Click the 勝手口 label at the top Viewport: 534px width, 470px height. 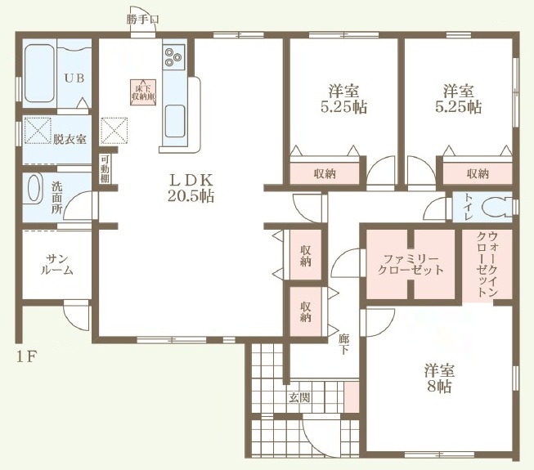[x=142, y=20]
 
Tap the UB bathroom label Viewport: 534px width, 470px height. [x=74, y=78]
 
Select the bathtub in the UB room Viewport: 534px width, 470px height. [x=39, y=74]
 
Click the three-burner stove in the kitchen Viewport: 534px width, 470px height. [x=173, y=57]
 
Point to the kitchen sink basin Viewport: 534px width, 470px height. [x=175, y=121]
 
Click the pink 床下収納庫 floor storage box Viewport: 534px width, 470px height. [x=144, y=92]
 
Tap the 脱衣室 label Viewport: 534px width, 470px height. [x=70, y=139]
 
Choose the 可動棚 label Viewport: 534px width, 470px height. [x=105, y=169]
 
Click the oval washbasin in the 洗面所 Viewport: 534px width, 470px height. [x=34, y=188]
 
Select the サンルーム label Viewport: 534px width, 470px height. [x=57, y=265]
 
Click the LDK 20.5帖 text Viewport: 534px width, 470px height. [x=191, y=187]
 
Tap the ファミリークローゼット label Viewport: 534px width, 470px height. [x=411, y=265]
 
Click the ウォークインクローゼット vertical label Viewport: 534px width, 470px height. [x=487, y=264]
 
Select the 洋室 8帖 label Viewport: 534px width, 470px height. [x=439, y=378]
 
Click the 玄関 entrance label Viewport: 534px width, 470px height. [x=299, y=397]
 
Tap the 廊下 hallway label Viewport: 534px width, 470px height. [x=343, y=343]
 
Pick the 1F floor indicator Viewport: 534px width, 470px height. [x=26, y=356]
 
